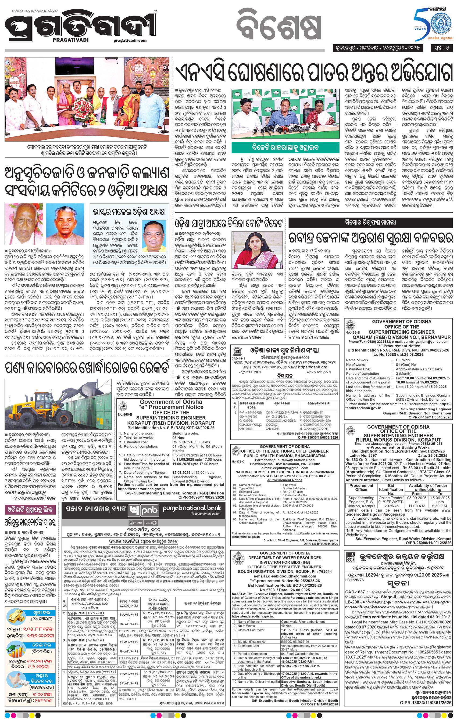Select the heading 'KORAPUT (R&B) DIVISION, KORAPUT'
tap(171, 423)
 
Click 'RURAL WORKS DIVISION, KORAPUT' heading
tap(398, 440)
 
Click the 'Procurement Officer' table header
tap(361, 487)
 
